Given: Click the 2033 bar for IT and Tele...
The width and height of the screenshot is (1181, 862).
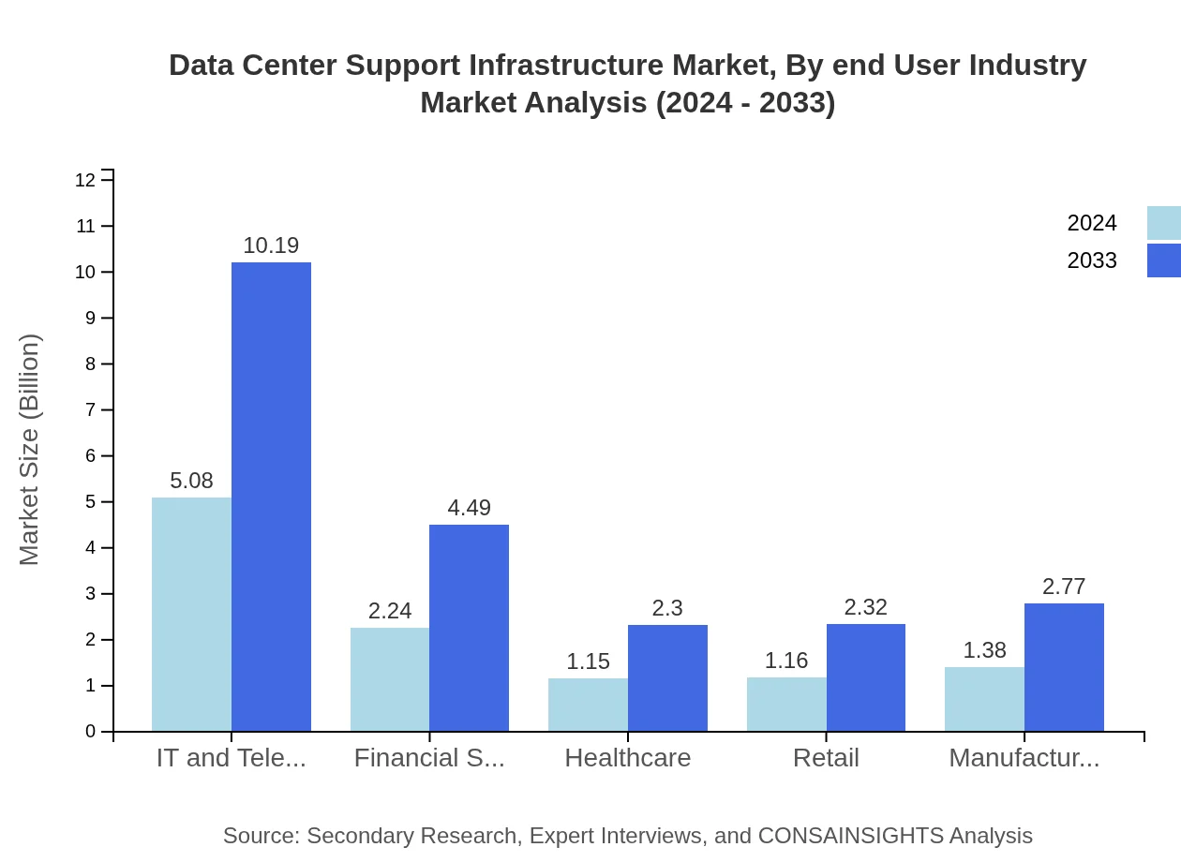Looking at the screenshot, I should point(271,497).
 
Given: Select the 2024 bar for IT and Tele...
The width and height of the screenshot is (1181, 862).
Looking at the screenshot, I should point(191,614).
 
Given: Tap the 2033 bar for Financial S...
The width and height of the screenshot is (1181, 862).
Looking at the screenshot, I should point(469,628).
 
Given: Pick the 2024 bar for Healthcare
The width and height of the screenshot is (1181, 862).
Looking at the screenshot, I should point(588,705).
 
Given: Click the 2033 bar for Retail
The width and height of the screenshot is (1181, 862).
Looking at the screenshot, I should point(866,677).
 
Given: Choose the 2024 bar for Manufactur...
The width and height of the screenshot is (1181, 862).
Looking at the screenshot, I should point(984,699).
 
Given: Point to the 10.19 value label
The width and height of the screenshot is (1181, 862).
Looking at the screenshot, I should point(271,245).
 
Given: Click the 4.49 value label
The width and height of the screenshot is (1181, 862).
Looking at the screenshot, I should point(469,508).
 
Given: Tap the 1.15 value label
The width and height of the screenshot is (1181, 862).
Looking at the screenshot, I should point(588,661).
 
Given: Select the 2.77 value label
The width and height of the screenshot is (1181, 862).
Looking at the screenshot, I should point(1064,587).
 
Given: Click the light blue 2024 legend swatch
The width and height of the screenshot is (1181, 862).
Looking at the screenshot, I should point(1163,223).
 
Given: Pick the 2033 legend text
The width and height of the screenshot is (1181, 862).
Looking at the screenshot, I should point(1092,260).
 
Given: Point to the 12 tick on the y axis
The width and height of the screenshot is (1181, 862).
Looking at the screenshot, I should point(85,180).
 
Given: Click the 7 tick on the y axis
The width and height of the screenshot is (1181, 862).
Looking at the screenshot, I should point(91,409).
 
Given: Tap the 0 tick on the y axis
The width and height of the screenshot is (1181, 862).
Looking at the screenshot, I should point(91,732).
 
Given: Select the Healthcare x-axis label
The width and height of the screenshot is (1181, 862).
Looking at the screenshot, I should point(627,758).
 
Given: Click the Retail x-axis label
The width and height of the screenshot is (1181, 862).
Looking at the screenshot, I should point(826,758).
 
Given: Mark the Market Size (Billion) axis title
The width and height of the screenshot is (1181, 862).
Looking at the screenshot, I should point(30,450).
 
